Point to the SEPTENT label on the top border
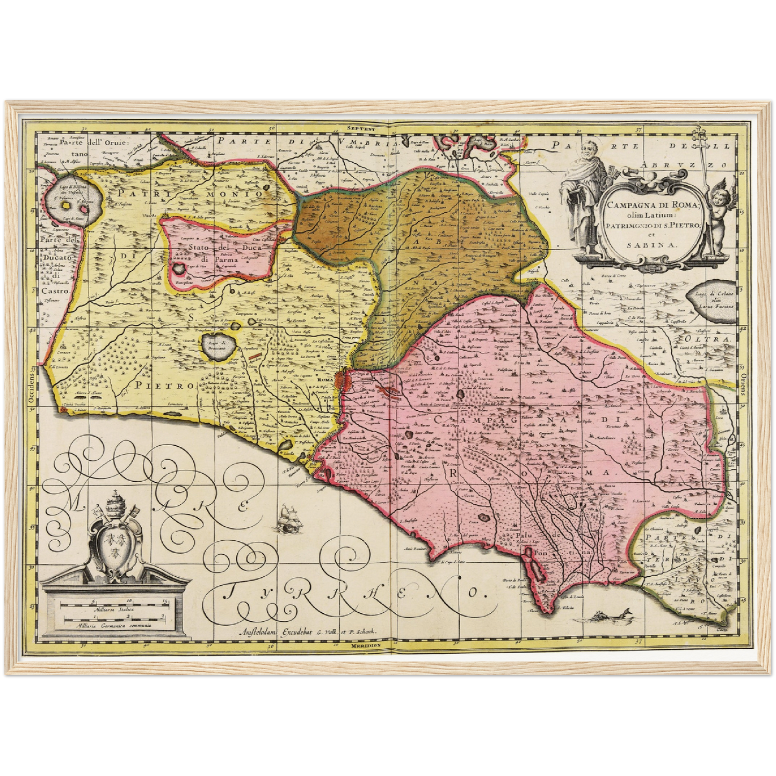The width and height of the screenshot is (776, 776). coord(360,128)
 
